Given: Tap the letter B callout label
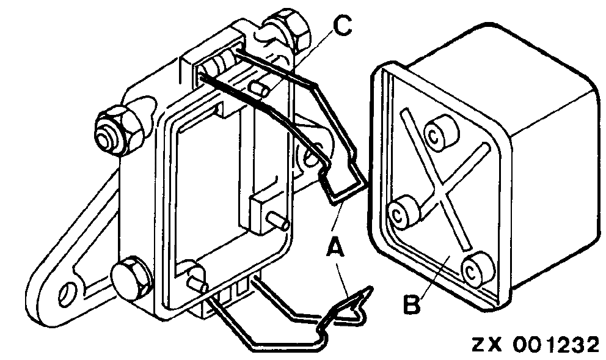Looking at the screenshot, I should pyautogui.click(x=412, y=303).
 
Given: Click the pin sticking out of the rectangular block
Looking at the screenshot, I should pyautogui.click(x=279, y=223).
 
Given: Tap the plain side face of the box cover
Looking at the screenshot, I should pyautogui.click(x=550, y=183).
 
